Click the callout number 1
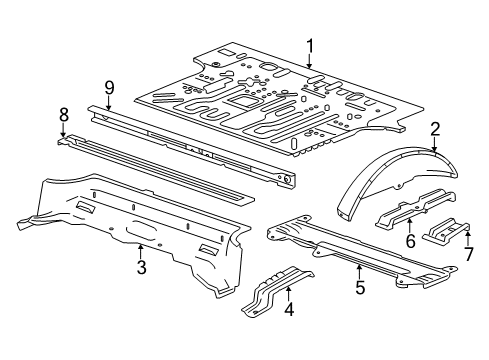(310, 46)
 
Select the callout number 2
(435, 129)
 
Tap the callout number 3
(142, 267)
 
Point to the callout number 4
(289, 309)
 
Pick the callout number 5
(360, 287)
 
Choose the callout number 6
(410, 241)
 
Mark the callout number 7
(469, 254)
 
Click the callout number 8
(64, 115)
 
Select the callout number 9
(109, 88)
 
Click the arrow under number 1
(310, 62)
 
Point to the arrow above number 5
(359, 272)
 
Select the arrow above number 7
(468, 239)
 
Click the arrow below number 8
(63, 130)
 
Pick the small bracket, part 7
(447, 231)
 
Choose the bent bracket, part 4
(277, 289)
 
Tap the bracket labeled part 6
(415, 209)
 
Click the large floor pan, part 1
(279, 100)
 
